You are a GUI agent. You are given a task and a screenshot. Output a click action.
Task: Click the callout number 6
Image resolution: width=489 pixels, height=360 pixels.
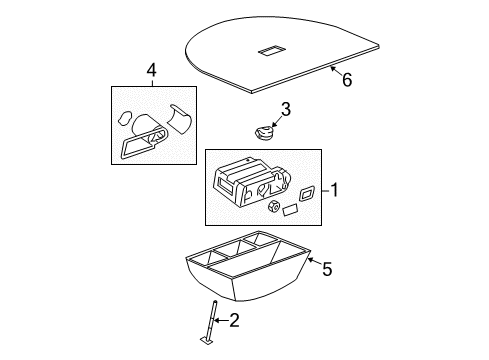click(x=346, y=81)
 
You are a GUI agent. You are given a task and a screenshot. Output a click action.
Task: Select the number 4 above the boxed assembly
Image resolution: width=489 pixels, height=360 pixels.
click(x=151, y=70)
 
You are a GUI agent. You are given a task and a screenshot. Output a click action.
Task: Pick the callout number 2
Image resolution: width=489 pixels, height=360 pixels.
click(x=235, y=321)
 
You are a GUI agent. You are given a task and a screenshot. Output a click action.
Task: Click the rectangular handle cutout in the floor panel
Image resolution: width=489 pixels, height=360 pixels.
click(x=271, y=51)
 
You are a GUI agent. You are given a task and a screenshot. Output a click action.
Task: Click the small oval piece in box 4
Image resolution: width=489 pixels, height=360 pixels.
click(x=126, y=117)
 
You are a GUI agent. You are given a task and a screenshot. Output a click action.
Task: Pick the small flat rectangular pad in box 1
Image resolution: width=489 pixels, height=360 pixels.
click(x=289, y=211)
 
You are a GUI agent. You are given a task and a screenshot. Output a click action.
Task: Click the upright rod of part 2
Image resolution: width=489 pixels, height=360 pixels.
click(x=213, y=320)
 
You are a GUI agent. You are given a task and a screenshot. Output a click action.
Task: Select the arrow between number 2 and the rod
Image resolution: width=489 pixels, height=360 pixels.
click(x=223, y=321)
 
